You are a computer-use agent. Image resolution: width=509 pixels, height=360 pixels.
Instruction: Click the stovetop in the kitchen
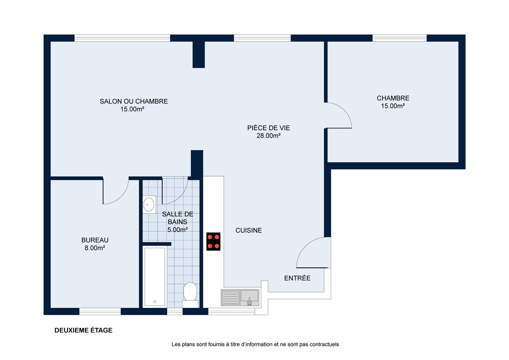pos(213,242)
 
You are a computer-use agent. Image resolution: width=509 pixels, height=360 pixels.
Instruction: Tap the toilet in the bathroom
pos(190,295)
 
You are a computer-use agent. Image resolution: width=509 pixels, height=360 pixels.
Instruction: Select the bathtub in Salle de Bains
pos(155,277)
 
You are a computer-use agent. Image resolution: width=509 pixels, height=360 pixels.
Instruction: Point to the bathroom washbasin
pos(149,204)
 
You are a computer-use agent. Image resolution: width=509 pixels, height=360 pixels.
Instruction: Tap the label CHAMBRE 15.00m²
pos(393,102)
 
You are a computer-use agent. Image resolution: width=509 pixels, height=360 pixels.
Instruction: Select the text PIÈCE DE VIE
pos(268,128)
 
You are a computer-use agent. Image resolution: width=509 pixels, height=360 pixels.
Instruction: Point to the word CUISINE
pos(248,230)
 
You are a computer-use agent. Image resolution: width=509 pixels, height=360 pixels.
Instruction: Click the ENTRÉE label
pos(297,278)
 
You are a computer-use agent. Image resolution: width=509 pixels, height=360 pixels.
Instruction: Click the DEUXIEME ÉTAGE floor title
pos(83,330)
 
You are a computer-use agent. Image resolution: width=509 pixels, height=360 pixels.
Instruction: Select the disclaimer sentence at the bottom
pos(255,344)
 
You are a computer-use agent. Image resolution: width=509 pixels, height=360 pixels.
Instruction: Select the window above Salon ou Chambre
pos(122,38)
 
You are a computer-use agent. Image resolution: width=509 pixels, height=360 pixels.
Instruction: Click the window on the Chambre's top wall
pos(400,38)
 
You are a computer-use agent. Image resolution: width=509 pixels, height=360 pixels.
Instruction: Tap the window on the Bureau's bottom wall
pos(100,311)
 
